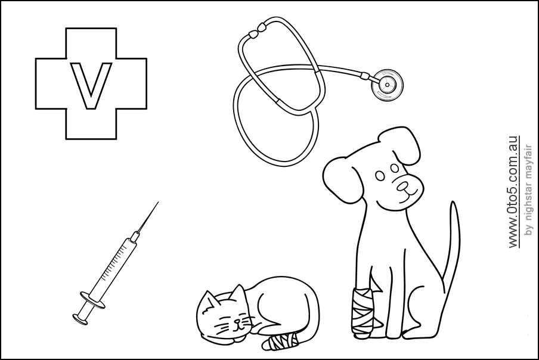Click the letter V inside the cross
(91, 85)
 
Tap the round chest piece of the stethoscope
(385, 84)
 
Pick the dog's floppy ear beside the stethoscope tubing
(337, 179)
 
